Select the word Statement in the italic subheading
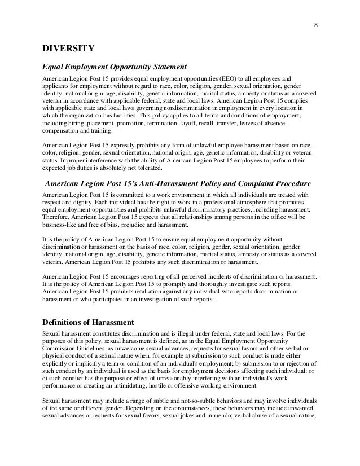[165, 67]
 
